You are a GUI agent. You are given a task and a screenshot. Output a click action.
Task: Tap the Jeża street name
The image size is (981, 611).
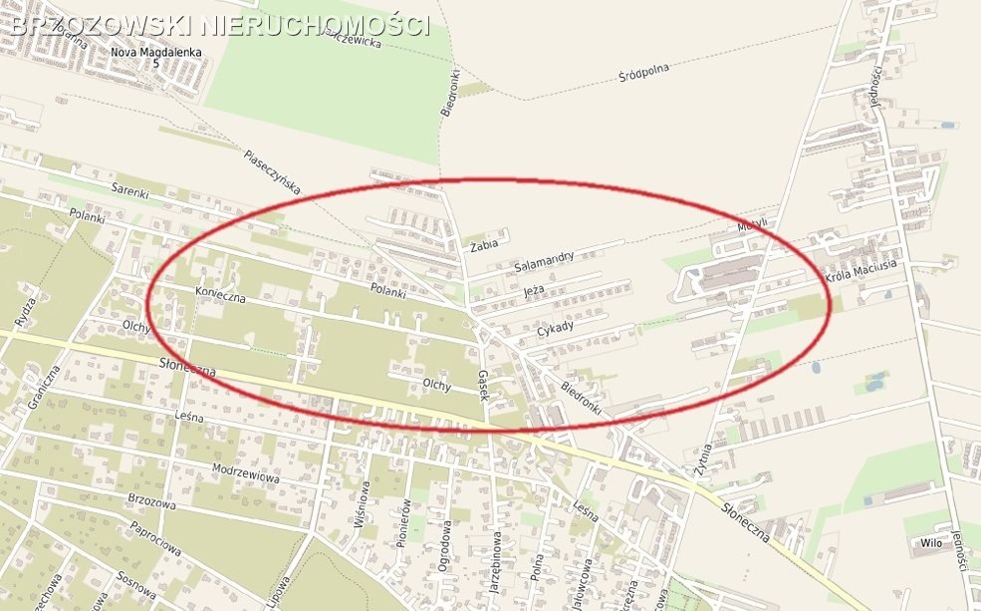tap(534, 291)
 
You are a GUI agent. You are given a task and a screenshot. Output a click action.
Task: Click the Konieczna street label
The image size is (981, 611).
tap(220, 294)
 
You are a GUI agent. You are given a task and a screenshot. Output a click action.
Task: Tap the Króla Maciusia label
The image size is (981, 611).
tap(861, 269)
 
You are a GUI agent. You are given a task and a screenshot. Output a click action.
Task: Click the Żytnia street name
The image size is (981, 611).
tap(706, 458)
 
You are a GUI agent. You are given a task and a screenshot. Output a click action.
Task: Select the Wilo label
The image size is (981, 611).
tap(931, 543)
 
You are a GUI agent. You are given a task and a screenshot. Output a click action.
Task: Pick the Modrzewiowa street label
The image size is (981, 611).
tap(245, 471)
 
